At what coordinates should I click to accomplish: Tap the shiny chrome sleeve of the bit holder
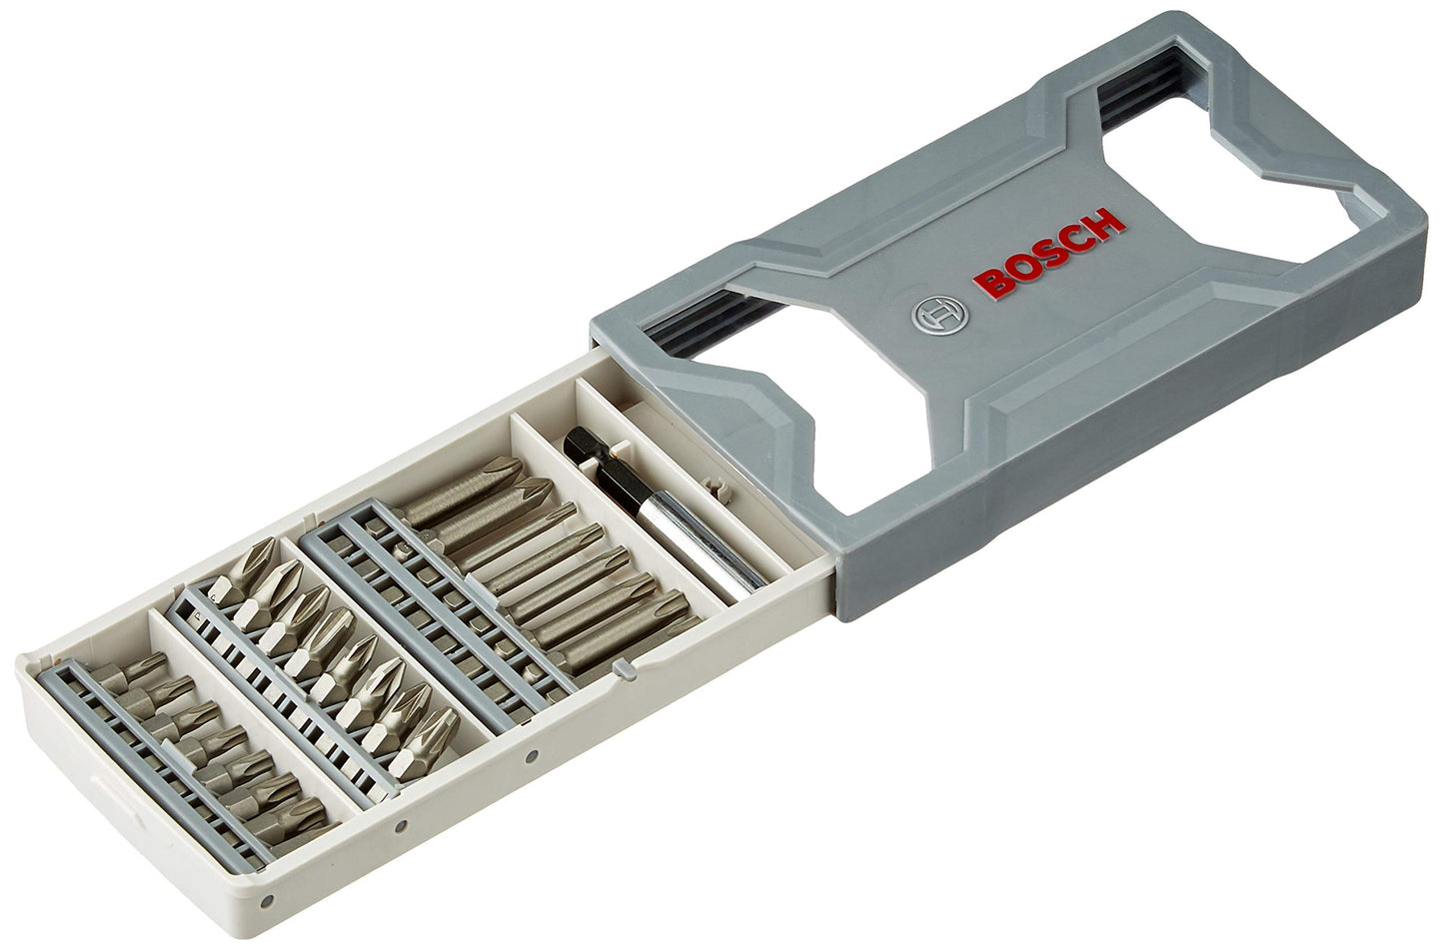pos(680,538)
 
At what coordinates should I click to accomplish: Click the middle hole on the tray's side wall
pos(400,826)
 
